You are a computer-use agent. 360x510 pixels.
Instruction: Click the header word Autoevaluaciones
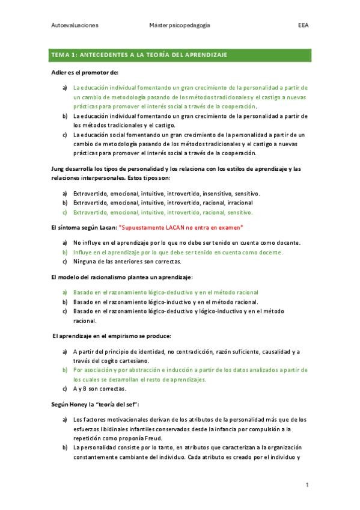coord(75,26)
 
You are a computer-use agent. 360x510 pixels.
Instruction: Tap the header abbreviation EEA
coord(303,26)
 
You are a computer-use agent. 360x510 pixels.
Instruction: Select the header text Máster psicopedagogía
coord(180,26)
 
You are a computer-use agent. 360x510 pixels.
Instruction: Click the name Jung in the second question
coord(58,169)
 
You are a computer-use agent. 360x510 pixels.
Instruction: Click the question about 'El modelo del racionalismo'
coord(121,277)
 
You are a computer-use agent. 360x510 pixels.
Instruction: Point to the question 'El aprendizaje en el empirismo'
coord(112,335)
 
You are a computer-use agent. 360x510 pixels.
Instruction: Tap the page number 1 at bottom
coord(307,485)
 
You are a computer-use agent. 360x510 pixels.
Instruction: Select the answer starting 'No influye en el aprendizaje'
coord(186,242)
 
